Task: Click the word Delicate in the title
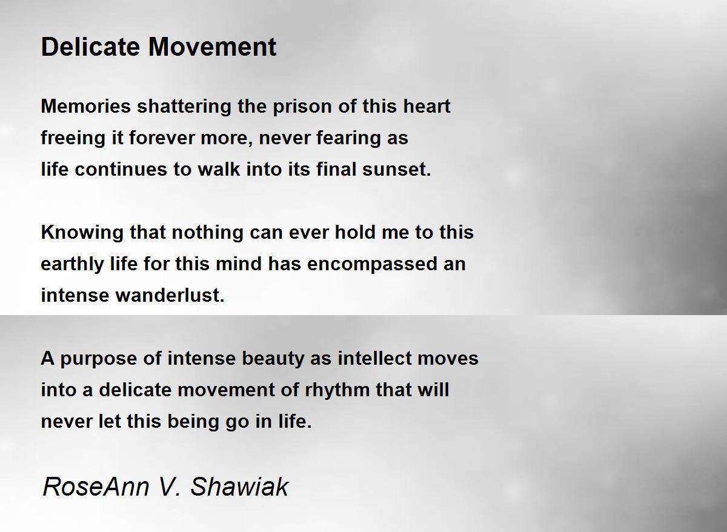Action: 90,47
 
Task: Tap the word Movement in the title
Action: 212,47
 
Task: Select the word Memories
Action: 86,106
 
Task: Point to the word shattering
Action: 184,107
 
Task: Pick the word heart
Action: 427,106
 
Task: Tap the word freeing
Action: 73,139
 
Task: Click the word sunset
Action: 397,170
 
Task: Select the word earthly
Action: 72,265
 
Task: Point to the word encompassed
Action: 372,265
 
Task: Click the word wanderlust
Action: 170,295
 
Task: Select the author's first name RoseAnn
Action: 96,487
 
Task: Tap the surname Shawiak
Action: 239,487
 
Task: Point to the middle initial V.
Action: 169,487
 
